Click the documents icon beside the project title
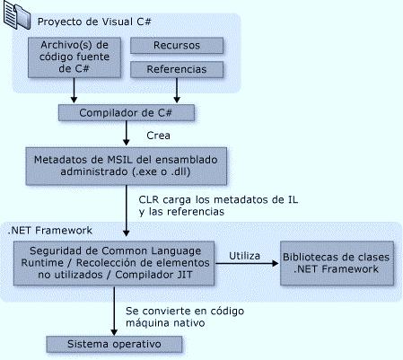17,15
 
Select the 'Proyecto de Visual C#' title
94,22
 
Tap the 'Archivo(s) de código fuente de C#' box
74,57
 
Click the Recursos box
177,45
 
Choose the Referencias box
177,69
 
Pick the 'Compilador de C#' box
127,112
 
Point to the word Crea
158,136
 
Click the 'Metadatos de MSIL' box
126,166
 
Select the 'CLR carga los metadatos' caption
218,206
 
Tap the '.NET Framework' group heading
50,231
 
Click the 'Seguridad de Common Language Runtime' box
114,263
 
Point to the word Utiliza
244,256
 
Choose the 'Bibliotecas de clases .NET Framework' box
337,263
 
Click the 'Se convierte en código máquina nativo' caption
185,317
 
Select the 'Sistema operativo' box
114,344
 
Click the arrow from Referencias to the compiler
177,91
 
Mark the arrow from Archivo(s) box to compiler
74,91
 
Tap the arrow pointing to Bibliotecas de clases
247,263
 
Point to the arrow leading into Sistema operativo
114,311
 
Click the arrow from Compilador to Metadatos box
127,134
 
